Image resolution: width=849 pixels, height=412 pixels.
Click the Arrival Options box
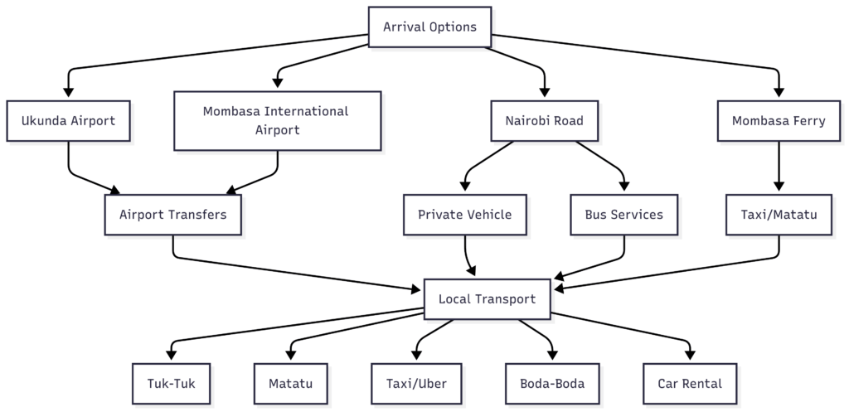click(x=429, y=27)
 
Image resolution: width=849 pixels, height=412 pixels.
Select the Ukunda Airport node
click(x=69, y=121)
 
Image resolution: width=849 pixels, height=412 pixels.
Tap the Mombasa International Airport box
click(x=277, y=121)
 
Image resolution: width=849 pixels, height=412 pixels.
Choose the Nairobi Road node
click(x=544, y=121)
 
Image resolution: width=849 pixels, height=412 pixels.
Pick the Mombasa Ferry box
click(x=779, y=121)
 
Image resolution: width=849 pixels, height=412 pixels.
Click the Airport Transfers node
click(x=172, y=215)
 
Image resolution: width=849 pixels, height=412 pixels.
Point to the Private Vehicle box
click(x=464, y=215)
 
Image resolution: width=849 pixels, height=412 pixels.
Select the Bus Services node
click(x=623, y=215)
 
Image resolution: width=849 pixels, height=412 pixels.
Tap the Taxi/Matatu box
click(x=779, y=215)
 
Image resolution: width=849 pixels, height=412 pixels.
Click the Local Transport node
click(x=487, y=299)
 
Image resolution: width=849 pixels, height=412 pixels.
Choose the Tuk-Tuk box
click(x=172, y=384)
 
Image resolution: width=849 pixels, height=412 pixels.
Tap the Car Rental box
click(x=688, y=384)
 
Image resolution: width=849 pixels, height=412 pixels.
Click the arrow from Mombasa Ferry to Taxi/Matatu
click(x=779, y=166)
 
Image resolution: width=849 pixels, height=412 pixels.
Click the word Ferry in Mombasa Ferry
click(x=807, y=121)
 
